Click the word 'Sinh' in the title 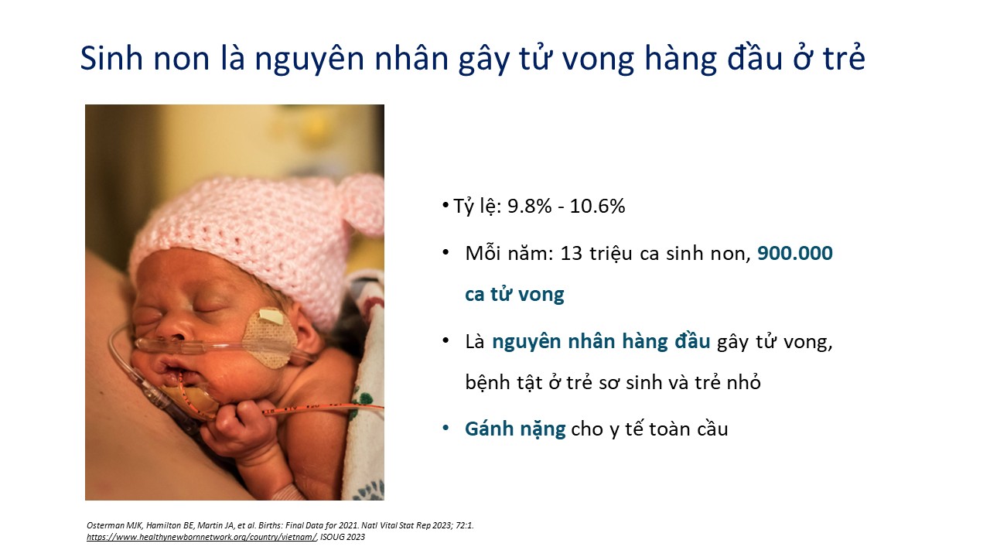tap(111, 58)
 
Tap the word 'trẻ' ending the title tap(844, 58)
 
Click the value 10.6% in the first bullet tap(597, 206)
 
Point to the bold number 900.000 tap(795, 253)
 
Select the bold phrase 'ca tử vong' tap(514, 295)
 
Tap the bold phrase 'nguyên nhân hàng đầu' tap(601, 342)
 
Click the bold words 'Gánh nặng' tap(515, 429)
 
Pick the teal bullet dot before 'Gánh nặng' tap(445, 429)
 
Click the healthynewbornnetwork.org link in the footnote tap(202, 537)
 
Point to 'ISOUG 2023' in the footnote tap(343, 537)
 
